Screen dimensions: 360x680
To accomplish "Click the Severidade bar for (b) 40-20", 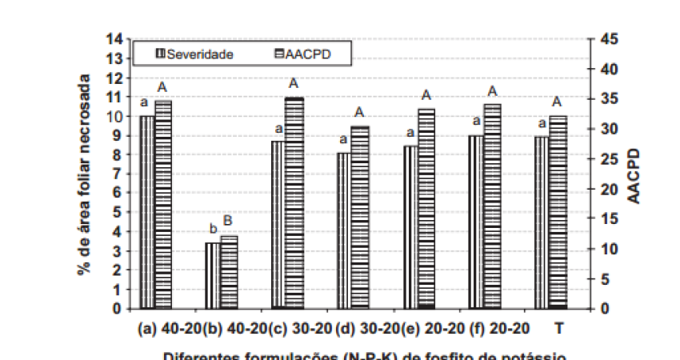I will tap(212, 275).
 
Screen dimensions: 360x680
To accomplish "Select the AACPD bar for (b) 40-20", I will tap(229, 272).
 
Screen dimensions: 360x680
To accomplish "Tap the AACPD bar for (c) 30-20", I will tap(294, 203).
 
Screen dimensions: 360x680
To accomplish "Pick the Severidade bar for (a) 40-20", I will tap(147, 212).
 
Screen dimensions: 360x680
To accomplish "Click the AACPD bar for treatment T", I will tap(558, 212).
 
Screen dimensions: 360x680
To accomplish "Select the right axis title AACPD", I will tap(634, 174).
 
